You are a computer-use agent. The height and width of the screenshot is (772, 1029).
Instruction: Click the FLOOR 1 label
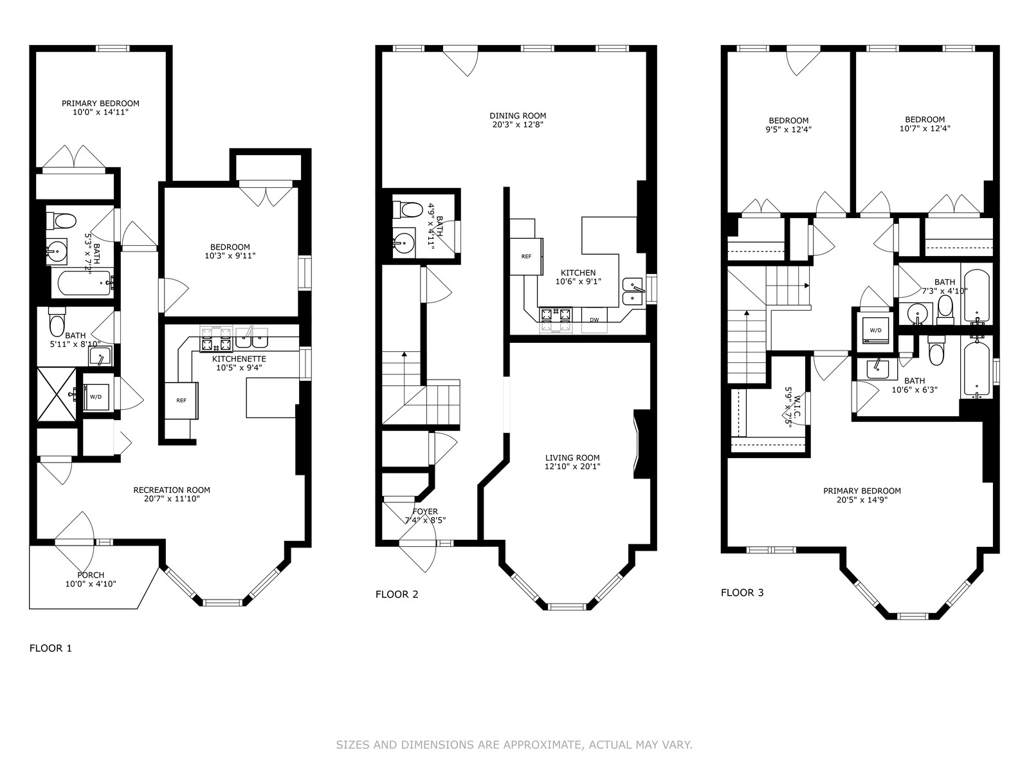(51, 648)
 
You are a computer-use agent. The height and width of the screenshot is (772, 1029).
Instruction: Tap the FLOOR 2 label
(397, 594)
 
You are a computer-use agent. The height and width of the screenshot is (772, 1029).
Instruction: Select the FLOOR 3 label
(742, 593)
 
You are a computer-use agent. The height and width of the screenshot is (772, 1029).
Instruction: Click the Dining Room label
(518, 116)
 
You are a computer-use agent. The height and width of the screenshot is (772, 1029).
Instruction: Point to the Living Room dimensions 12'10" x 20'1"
(572, 466)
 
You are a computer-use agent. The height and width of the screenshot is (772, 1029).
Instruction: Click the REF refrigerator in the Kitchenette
(181, 400)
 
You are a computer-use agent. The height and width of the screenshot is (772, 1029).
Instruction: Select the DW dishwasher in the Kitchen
(594, 320)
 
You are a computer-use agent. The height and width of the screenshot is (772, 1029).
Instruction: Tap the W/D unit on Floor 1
(96, 397)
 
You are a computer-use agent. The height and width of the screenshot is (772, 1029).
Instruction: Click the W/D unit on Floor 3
(875, 330)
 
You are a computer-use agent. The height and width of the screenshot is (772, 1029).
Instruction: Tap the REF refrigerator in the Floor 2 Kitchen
(527, 257)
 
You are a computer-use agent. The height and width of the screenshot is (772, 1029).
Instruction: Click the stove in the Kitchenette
(216, 340)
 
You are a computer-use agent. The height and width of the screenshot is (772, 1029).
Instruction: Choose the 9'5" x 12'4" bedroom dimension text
(788, 129)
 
